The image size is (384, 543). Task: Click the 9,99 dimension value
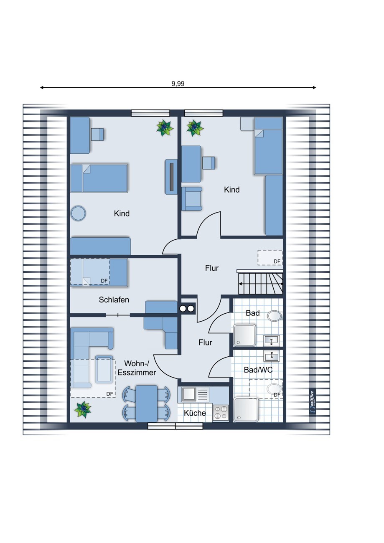point(178,84)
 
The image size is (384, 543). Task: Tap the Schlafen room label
point(114,299)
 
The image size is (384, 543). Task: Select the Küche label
point(195,413)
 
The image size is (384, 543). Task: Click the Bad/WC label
point(258,370)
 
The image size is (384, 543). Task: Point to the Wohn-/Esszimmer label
point(137,368)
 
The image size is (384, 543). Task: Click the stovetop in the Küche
point(221,413)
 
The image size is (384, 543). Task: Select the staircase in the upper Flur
point(261,283)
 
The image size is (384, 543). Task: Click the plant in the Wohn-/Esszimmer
point(83,410)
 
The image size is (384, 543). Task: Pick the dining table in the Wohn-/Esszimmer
point(146,403)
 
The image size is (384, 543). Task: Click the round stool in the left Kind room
point(78,213)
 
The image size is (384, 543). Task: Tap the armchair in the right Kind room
point(192,198)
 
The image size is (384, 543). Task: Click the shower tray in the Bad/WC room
point(246,409)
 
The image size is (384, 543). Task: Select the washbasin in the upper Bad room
point(272,340)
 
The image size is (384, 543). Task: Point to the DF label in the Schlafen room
point(104,281)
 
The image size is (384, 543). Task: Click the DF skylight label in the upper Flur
point(277,261)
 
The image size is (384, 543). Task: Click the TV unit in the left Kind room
point(172,177)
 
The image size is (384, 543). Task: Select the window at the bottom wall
point(175,426)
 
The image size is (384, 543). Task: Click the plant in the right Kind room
point(195,128)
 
